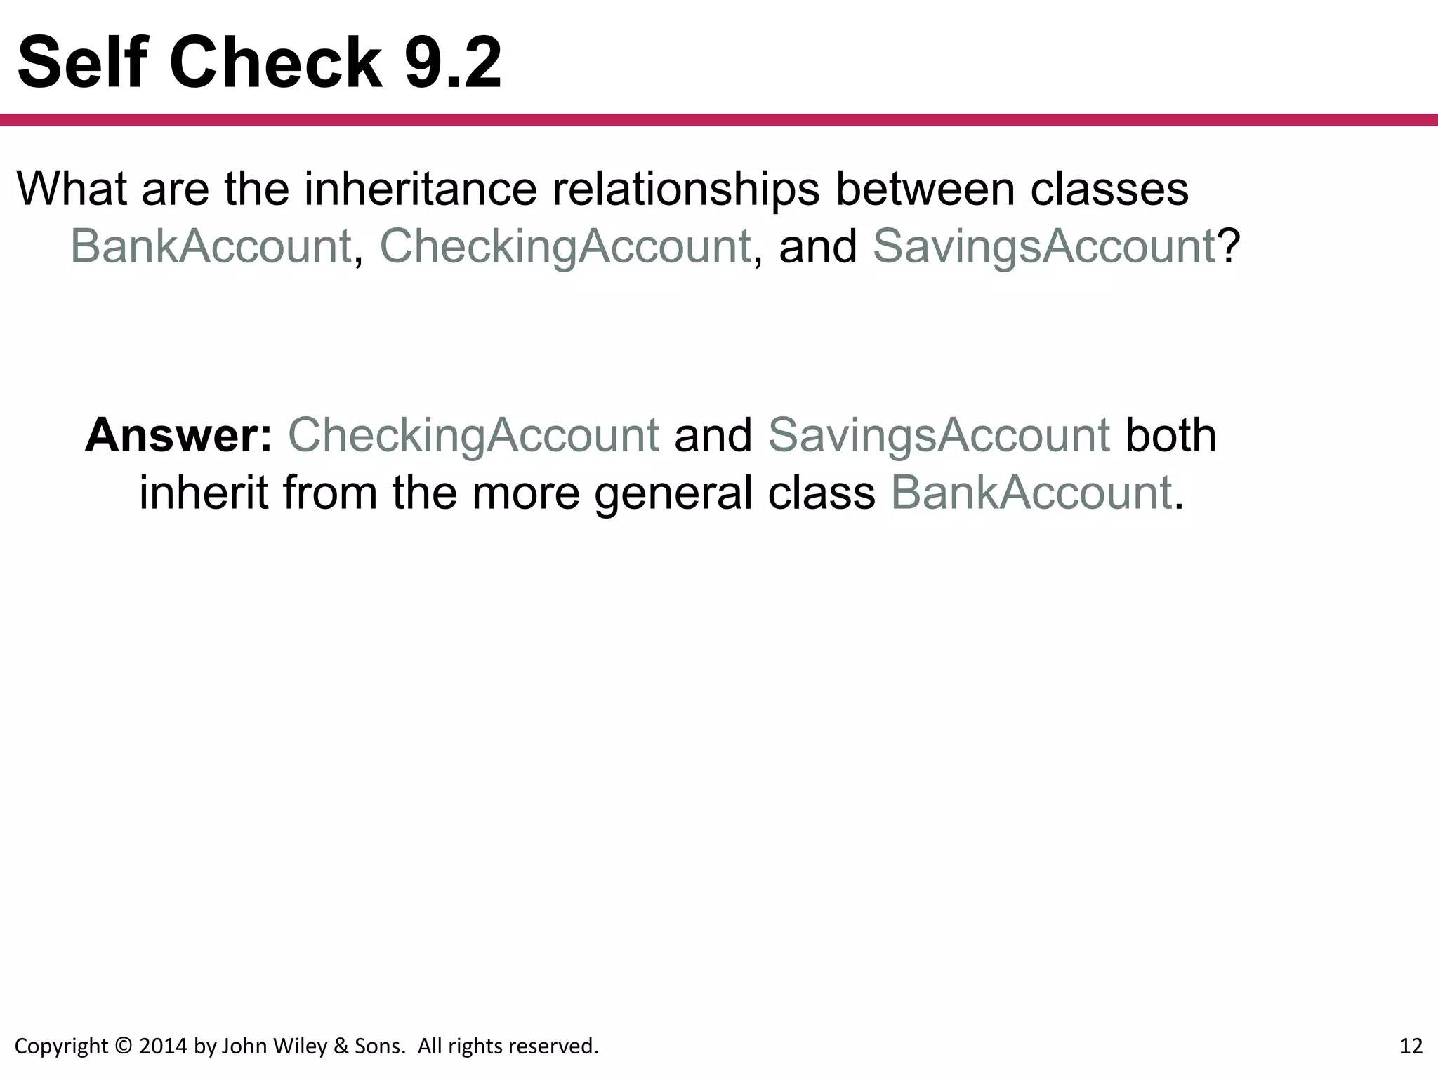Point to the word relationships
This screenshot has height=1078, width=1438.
686,190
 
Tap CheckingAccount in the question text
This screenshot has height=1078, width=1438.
565,247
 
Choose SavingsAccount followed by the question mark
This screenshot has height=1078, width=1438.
1043,247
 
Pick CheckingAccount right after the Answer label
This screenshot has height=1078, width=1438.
473,437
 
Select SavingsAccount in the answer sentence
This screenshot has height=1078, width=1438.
939,437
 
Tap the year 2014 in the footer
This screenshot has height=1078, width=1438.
164,1046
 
